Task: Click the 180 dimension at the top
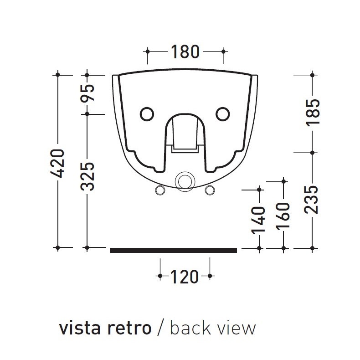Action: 185,52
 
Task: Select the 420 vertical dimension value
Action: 59,163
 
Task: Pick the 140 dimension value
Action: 259,220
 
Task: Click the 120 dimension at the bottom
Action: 185,276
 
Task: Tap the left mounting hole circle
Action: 147,114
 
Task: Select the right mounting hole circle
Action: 222,114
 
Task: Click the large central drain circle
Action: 185,181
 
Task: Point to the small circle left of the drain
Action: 160,189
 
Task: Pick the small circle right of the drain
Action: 209,189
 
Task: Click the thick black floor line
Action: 173,250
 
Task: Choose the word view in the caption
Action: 237,328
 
